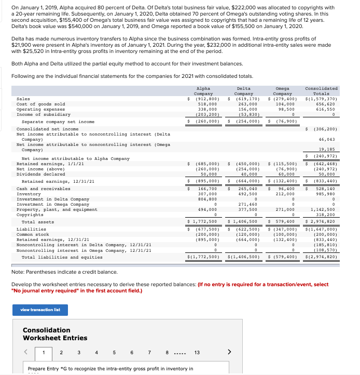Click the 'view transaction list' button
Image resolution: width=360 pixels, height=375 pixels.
click(40, 310)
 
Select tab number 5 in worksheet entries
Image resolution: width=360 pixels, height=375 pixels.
click(114, 353)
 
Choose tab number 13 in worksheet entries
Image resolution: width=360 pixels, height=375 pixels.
click(197, 353)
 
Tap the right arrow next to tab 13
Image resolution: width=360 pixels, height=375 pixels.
click(230, 353)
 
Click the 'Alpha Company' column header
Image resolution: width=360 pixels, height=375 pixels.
click(204, 91)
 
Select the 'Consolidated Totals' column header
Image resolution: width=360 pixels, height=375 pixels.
click(322, 91)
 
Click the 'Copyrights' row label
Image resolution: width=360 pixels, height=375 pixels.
click(30, 215)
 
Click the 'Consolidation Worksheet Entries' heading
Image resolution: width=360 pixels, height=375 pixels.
click(55, 334)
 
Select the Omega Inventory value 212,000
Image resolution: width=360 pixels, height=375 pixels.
click(285, 194)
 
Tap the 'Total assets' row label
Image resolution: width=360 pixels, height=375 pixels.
click(37, 222)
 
